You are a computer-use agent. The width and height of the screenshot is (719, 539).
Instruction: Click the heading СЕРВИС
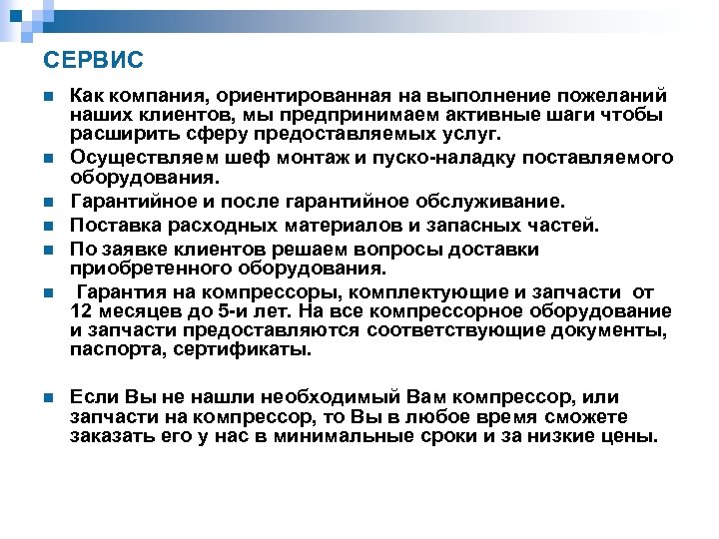click(x=95, y=61)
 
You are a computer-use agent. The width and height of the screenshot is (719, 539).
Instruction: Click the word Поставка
click(x=110, y=226)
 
